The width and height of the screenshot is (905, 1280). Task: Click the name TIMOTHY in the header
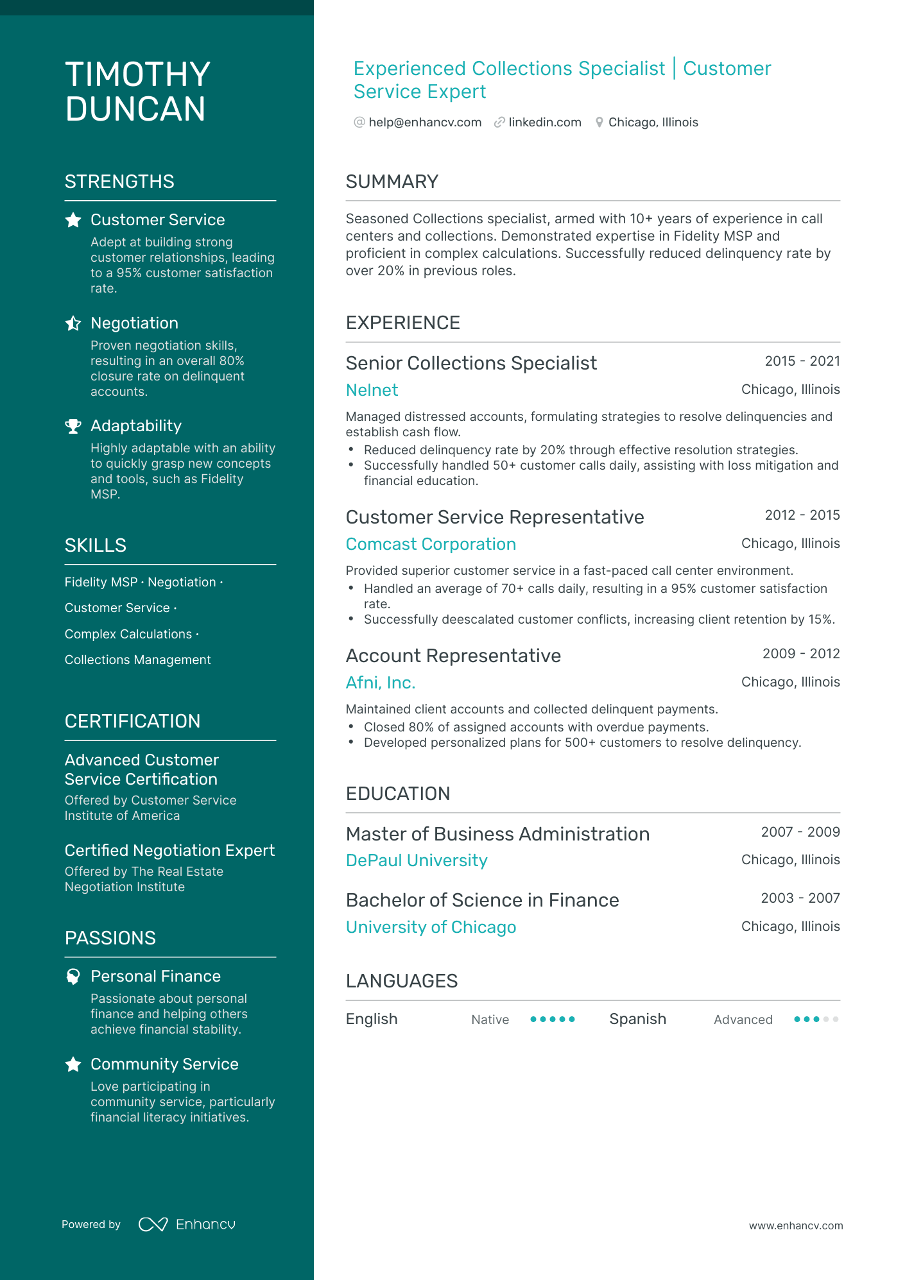pyautogui.click(x=137, y=74)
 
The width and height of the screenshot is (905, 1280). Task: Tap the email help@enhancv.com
pyautogui.click(x=424, y=123)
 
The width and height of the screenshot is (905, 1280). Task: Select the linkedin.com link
pyautogui.click(x=544, y=123)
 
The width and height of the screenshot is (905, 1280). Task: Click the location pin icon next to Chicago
pyautogui.click(x=599, y=123)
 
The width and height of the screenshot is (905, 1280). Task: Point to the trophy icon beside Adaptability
pyautogui.click(x=73, y=426)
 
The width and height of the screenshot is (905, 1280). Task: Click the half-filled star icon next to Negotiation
pyautogui.click(x=73, y=323)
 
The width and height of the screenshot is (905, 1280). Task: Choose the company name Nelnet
pyautogui.click(x=372, y=390)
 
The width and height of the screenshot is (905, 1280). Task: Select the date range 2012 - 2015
pyautogui.click(x=802, y=515)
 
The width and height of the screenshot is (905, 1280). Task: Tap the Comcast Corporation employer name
pyautogui.click(x=430, y=544)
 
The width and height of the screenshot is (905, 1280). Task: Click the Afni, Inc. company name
pyautogui.click(x=380, y=683)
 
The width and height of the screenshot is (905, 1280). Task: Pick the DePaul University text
pyautogui.click(x=416, y=860)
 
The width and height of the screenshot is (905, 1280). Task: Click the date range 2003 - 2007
pyautogui.click(x=800, y=898)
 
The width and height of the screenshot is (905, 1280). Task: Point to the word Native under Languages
pyautogui.click(x=490, y=1020)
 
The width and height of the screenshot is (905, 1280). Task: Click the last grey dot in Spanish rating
pyautogui.click(x=835, y=1019)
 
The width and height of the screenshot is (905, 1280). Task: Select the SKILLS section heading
pyautogui.click(x=96, y=545)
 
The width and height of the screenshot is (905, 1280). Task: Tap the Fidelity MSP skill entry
pyautogui.click(x=101, y=582)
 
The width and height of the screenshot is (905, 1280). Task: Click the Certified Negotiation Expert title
pyautogui.click(x=169, y=850)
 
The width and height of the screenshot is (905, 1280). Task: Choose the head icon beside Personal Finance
pyautogui.click(x=73, y=977)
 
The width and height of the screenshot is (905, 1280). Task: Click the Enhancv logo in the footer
pyautogui.click(x=187, y=1224)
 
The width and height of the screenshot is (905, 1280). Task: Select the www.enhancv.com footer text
pyautogui.click(x=795, y=1225)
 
